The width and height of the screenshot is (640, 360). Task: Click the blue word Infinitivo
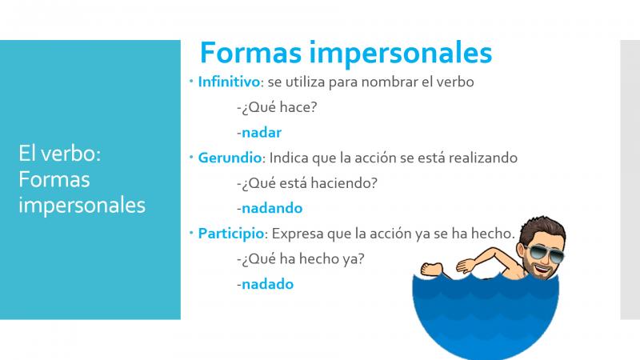(229, 82)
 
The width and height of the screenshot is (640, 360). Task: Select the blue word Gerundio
(230, 158)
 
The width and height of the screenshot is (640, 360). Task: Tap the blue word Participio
(231, 234)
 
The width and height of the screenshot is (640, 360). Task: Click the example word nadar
(262, 133)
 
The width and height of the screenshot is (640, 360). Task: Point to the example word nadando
(272, 208)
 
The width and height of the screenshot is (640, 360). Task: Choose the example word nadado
(267, 284)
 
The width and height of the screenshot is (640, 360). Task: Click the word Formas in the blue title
(250, 53)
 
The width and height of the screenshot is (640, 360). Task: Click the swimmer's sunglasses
(545, 253)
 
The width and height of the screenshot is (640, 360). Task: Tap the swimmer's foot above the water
(431, 269)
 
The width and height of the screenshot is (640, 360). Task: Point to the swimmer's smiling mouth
(542, 270)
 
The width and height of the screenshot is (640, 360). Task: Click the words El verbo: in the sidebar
(59, 154)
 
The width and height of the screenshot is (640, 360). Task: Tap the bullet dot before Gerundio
(191, 157)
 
